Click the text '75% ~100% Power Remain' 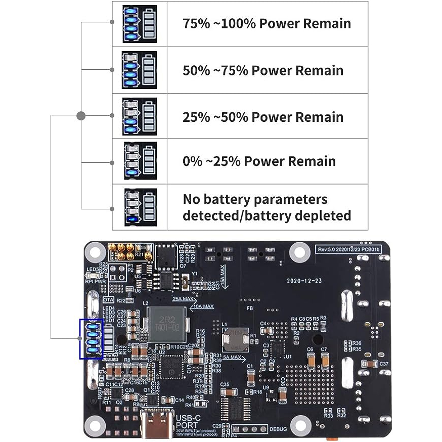267,24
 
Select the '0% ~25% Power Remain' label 259,161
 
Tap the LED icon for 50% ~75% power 139,70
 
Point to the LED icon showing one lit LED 139,207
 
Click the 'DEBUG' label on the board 279,429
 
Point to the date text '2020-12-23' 303,280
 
